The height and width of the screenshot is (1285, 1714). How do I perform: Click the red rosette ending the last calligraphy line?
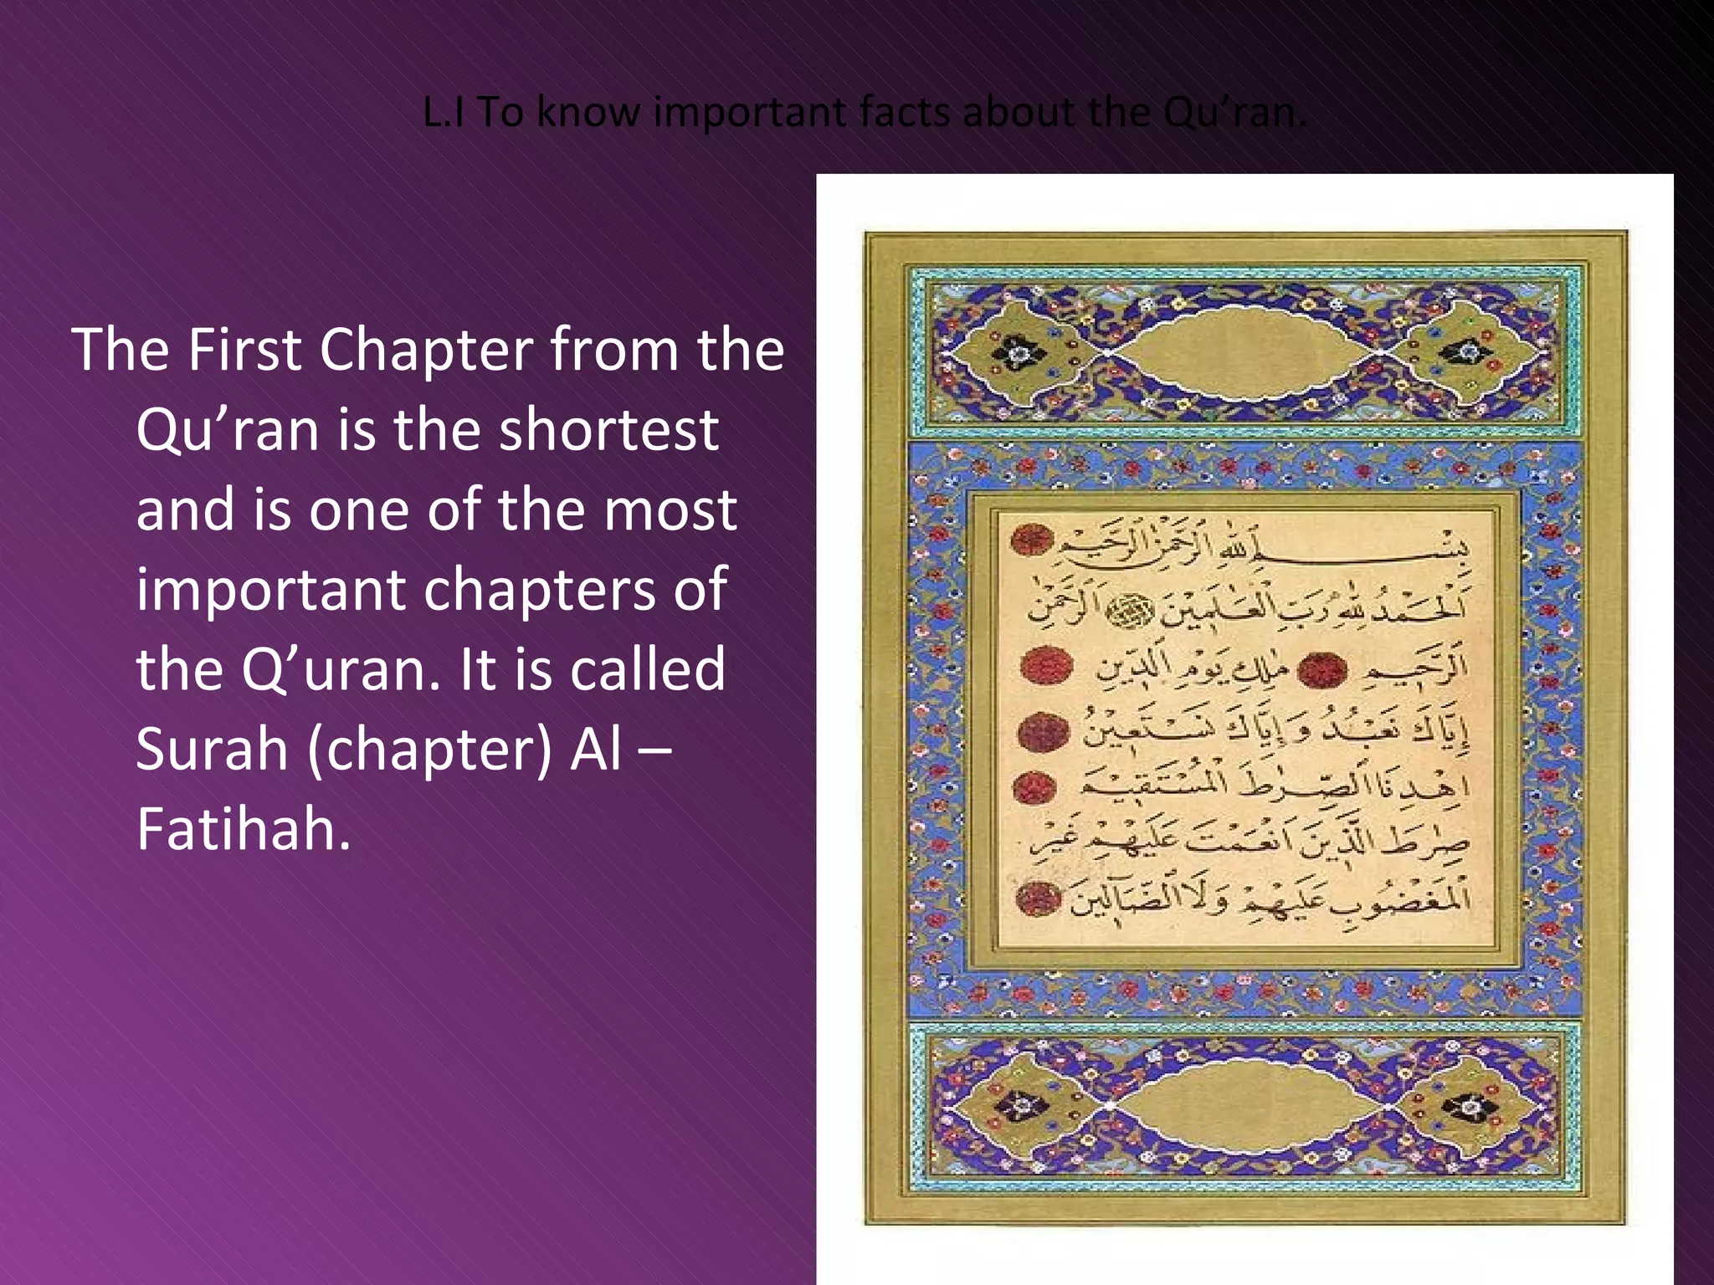point(1038,898)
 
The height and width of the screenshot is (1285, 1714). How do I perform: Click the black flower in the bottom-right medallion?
point(1471,1108)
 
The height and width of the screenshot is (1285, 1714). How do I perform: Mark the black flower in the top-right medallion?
point(1471,351)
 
